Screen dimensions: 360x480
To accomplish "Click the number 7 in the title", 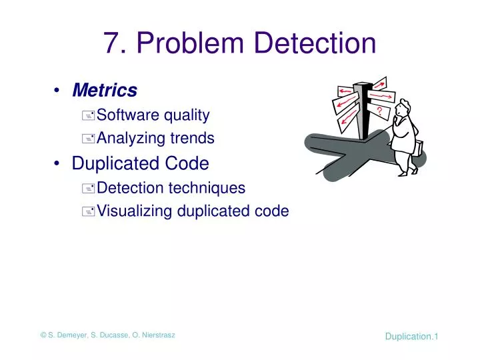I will pyautogui.click(x=111, y=43).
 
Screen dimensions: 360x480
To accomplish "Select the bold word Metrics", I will pyautogui.click(x=105, y=90).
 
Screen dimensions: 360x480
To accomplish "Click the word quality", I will pyautogui.click(x=187, y=115).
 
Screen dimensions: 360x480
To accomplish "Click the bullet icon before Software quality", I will pyautogui.click(x=88, y=116).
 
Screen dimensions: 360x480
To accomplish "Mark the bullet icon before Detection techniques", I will pyautogui.click(x=88, y=189).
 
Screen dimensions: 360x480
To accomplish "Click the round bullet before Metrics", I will pyautogui.click(x=59, y=91).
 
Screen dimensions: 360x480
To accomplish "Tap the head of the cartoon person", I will pyautogui.click(x=402, y=108).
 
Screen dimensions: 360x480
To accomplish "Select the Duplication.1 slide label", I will pyautogui.click(x=411, y=337).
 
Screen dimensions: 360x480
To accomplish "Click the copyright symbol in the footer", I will pyautogui.click(x=43, y=335).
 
